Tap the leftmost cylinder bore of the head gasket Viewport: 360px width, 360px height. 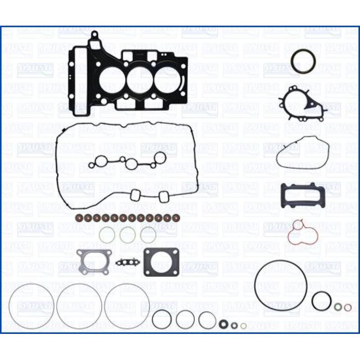112,81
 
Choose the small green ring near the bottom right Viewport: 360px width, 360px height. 337,307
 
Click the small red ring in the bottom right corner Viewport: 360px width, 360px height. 348,307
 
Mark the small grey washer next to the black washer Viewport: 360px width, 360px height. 234,325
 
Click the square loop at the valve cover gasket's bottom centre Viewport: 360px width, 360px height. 135,196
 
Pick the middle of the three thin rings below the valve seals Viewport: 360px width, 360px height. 127,234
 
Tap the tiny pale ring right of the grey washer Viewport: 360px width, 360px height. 243,326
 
